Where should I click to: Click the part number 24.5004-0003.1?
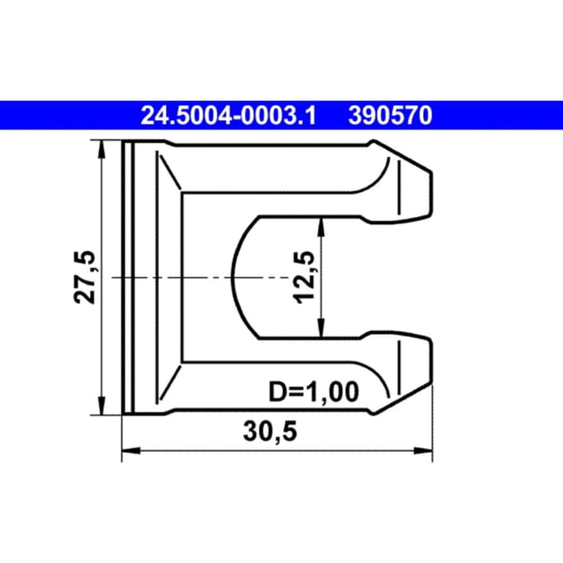pyautogui.click(x=229, y=116)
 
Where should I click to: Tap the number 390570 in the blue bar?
pyautogui.click(x=390, y=116)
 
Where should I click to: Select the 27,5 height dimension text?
pyautogui.click(x=84, y=277)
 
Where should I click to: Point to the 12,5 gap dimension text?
pyautogui.click(x=304, y=277)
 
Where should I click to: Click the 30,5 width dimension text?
pyautogui.click(x=271, y=431)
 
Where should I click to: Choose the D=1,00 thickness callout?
pyautogui.click(x=314, y=392)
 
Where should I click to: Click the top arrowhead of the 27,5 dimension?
pyautogui.click(x=102, y=149)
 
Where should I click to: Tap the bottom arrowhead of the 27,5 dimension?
pyautogui.click(x=102, y=406)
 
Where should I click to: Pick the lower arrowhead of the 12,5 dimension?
pyautogui.click(x=321, y=329)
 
